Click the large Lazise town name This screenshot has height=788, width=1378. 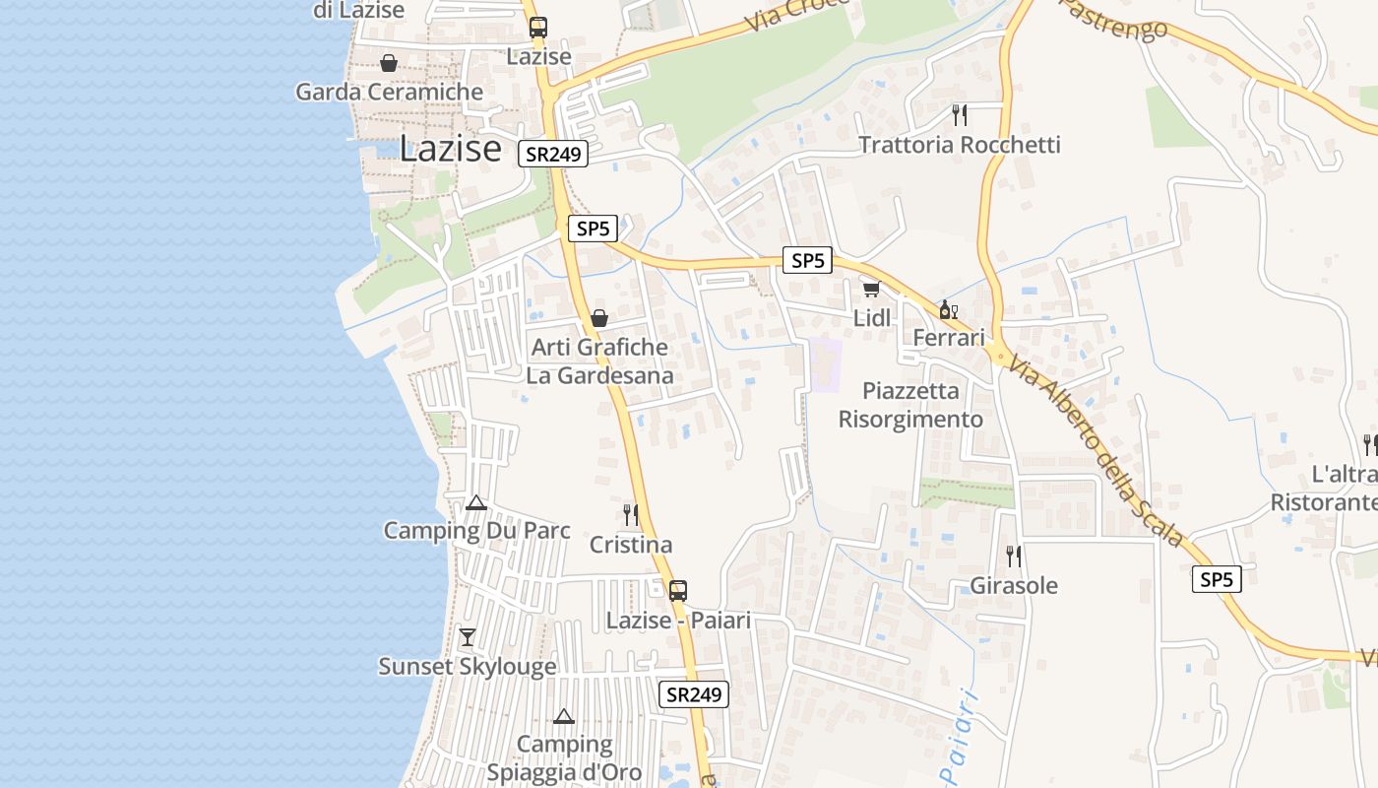click(x=450, y=149)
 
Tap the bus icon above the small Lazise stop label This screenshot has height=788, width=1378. click(x=537, y=28)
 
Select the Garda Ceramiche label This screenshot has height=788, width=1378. click(x=390, y=93)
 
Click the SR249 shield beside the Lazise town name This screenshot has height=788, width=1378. click(x=555, y=154)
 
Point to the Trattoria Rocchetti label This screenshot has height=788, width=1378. click(x=960, y=145)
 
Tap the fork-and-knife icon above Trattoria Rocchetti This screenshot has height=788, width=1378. click(x=960, y=114)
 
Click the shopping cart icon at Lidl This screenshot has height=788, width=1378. click(x=871, y=289)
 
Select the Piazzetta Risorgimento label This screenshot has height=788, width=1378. click(x=910, y=405)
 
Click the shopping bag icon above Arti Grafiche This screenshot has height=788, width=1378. click(x=598, y=318)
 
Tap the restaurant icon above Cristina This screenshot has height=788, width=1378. click(x=631, y=514)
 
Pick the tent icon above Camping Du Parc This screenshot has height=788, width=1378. click(x=476, y=502)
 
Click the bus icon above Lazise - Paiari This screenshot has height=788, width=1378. click(x=678, y=590)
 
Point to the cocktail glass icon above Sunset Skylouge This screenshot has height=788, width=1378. click(x=468, y=636)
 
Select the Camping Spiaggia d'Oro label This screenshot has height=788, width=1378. click(x=565, y=757)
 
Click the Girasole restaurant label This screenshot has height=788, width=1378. click(x=1014, y=585)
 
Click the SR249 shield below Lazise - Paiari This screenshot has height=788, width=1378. click(x=694, y=693)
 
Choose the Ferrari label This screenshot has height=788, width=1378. click(x=949, y=338)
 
